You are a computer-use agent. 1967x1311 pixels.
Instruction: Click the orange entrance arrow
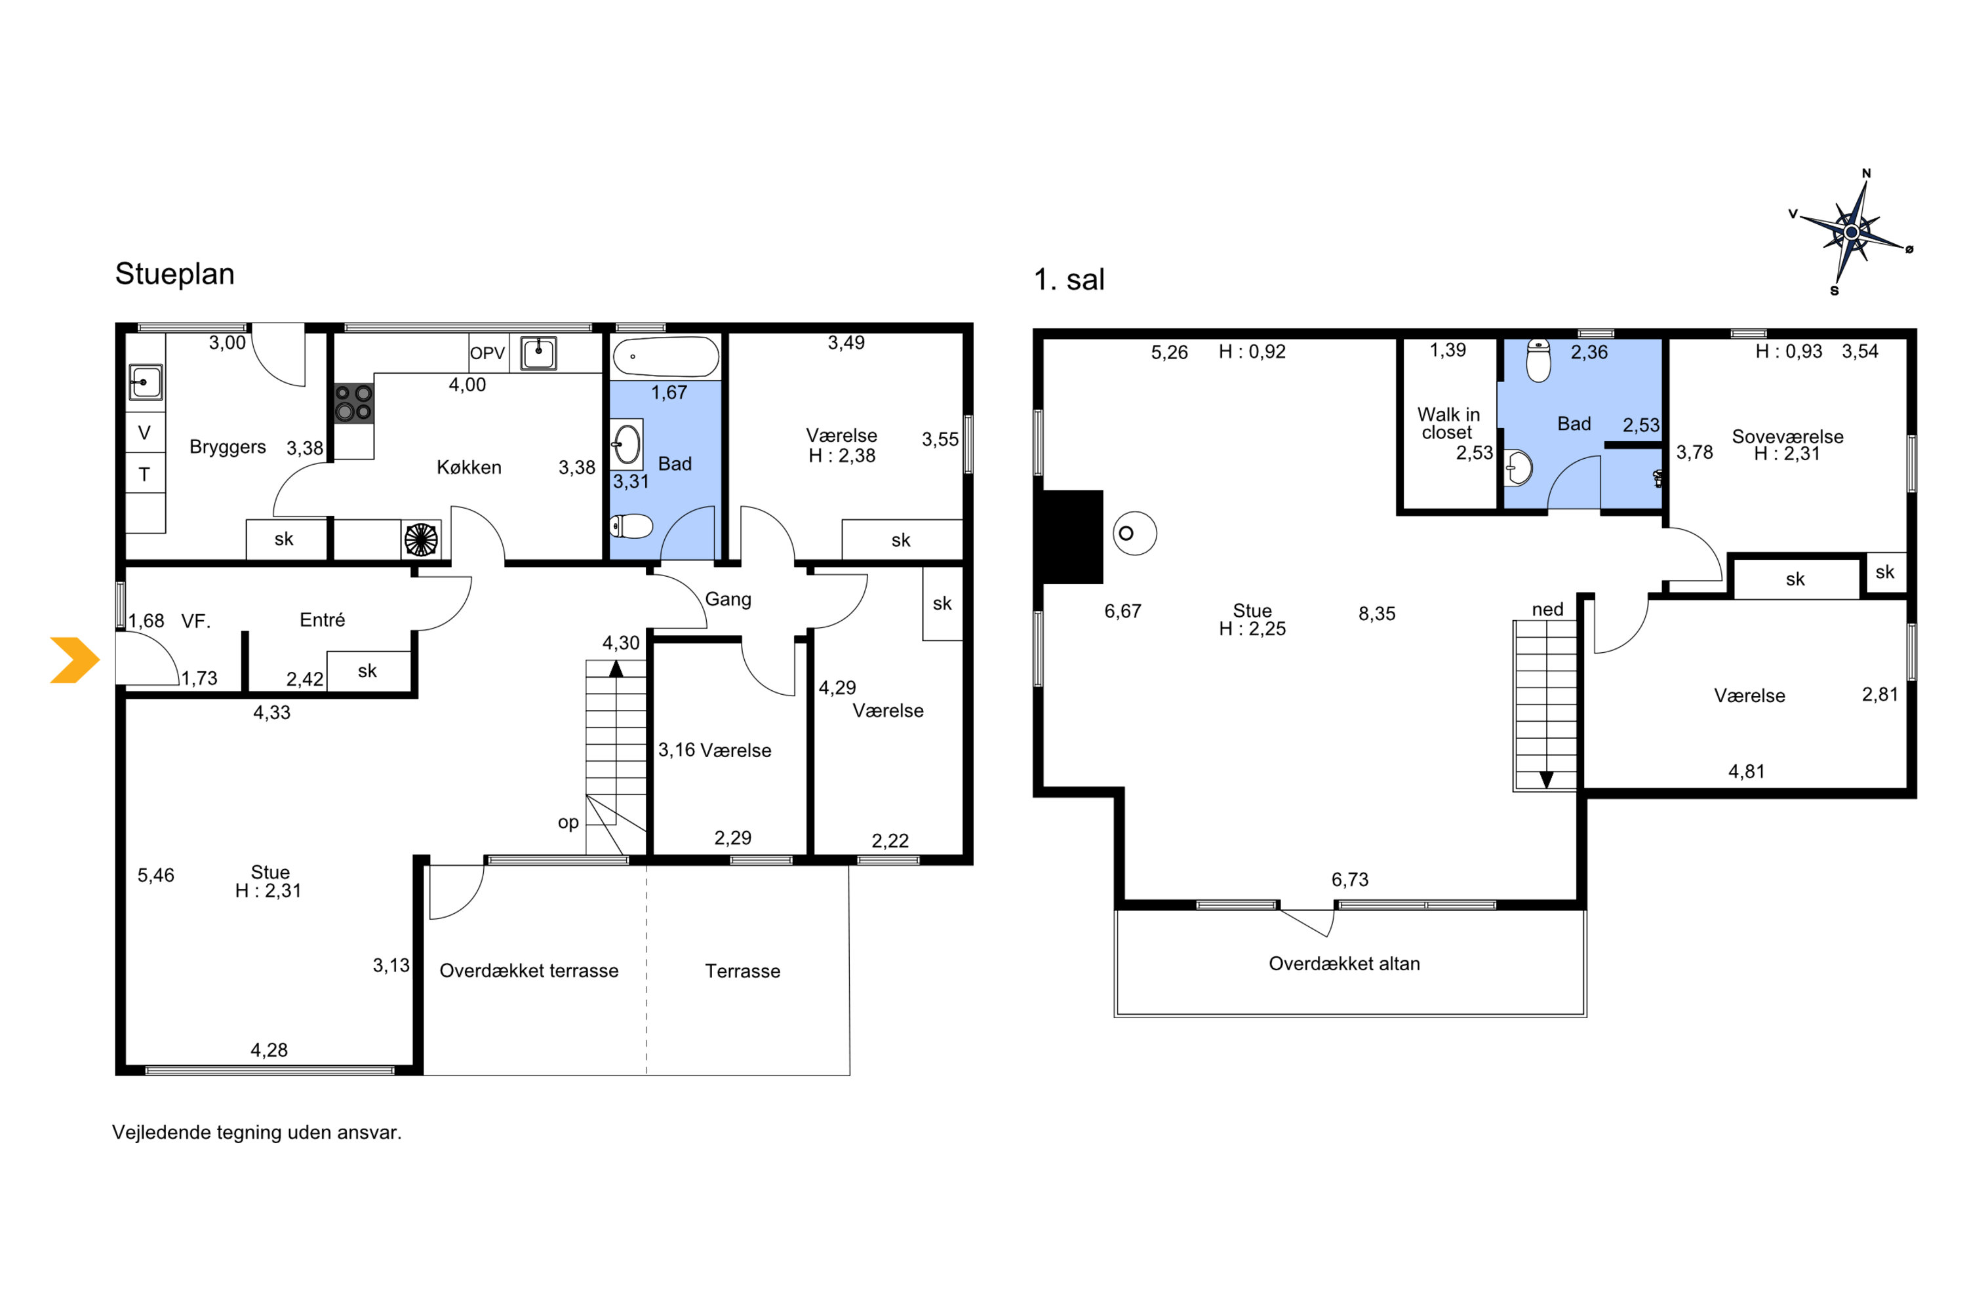point(75,661)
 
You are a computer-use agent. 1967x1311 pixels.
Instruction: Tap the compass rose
point(1852,231)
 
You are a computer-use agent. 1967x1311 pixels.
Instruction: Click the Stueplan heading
point(175,274)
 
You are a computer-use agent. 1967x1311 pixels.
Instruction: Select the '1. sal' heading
point(1069,279)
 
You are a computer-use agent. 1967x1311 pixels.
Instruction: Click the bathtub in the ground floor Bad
point(666,357)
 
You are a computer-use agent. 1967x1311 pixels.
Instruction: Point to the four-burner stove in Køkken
point(354,402)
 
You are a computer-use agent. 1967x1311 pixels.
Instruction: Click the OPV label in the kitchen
point(488,353)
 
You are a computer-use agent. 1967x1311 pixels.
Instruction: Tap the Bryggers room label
point(228,446)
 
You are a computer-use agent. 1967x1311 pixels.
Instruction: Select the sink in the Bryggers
point(146,382)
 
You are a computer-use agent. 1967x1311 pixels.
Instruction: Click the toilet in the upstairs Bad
point(1538,361)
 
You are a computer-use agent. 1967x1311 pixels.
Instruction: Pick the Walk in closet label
point(1448,423)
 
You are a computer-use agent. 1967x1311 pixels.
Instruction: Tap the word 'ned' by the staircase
point(1547,610)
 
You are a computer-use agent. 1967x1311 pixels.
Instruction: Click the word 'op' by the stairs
point(568,823)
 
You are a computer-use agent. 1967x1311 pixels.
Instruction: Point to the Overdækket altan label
point(1344,964)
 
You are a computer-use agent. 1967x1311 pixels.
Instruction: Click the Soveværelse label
point(1787,437)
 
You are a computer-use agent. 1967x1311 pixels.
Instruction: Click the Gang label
point(728,600)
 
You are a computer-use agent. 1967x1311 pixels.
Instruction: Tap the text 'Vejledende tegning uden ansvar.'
point(257,1133)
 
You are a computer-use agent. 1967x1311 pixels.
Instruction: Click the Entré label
point(322,619)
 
